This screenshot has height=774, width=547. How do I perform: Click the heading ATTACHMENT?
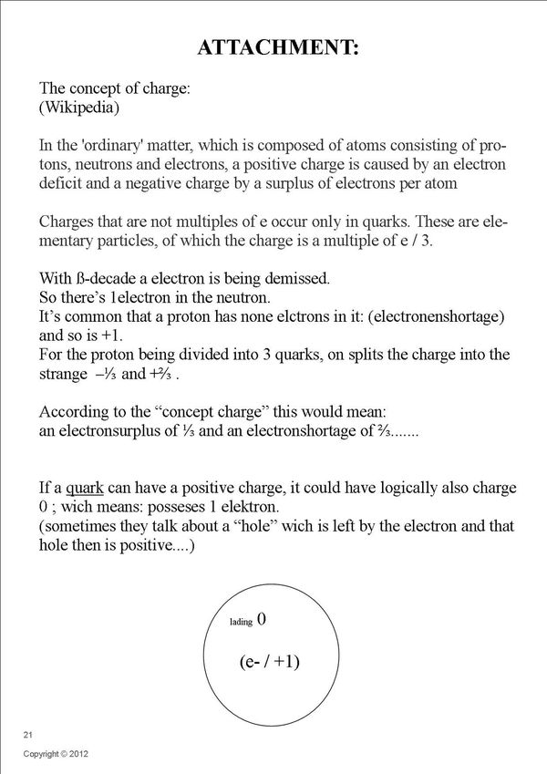click(279, 48)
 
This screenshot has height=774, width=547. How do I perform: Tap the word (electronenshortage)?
click(431, 316)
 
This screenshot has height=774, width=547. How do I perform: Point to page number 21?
click(28, 734)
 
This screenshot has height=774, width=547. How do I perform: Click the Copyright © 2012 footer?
click(55, 755)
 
